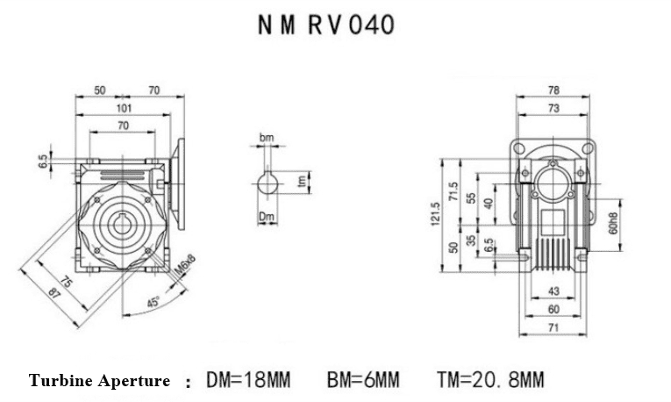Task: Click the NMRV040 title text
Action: (x=326, y=25)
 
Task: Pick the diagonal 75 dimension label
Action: (x=67, y=281)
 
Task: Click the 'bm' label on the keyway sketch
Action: (x=267, y=139)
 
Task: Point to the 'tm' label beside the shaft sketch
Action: (x=301, y=181)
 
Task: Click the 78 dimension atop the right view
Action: (x=553, y=90)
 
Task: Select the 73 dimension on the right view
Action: (x=553, y=108)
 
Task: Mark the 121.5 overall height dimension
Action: (x=434, y=216)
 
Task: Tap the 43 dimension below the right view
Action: (x=553, y=290)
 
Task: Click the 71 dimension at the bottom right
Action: (x=553, y=327)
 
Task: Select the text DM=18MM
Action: (x=246, y=380)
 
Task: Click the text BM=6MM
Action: (x=361, y=380)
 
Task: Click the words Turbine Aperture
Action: (x=99, y=381)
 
